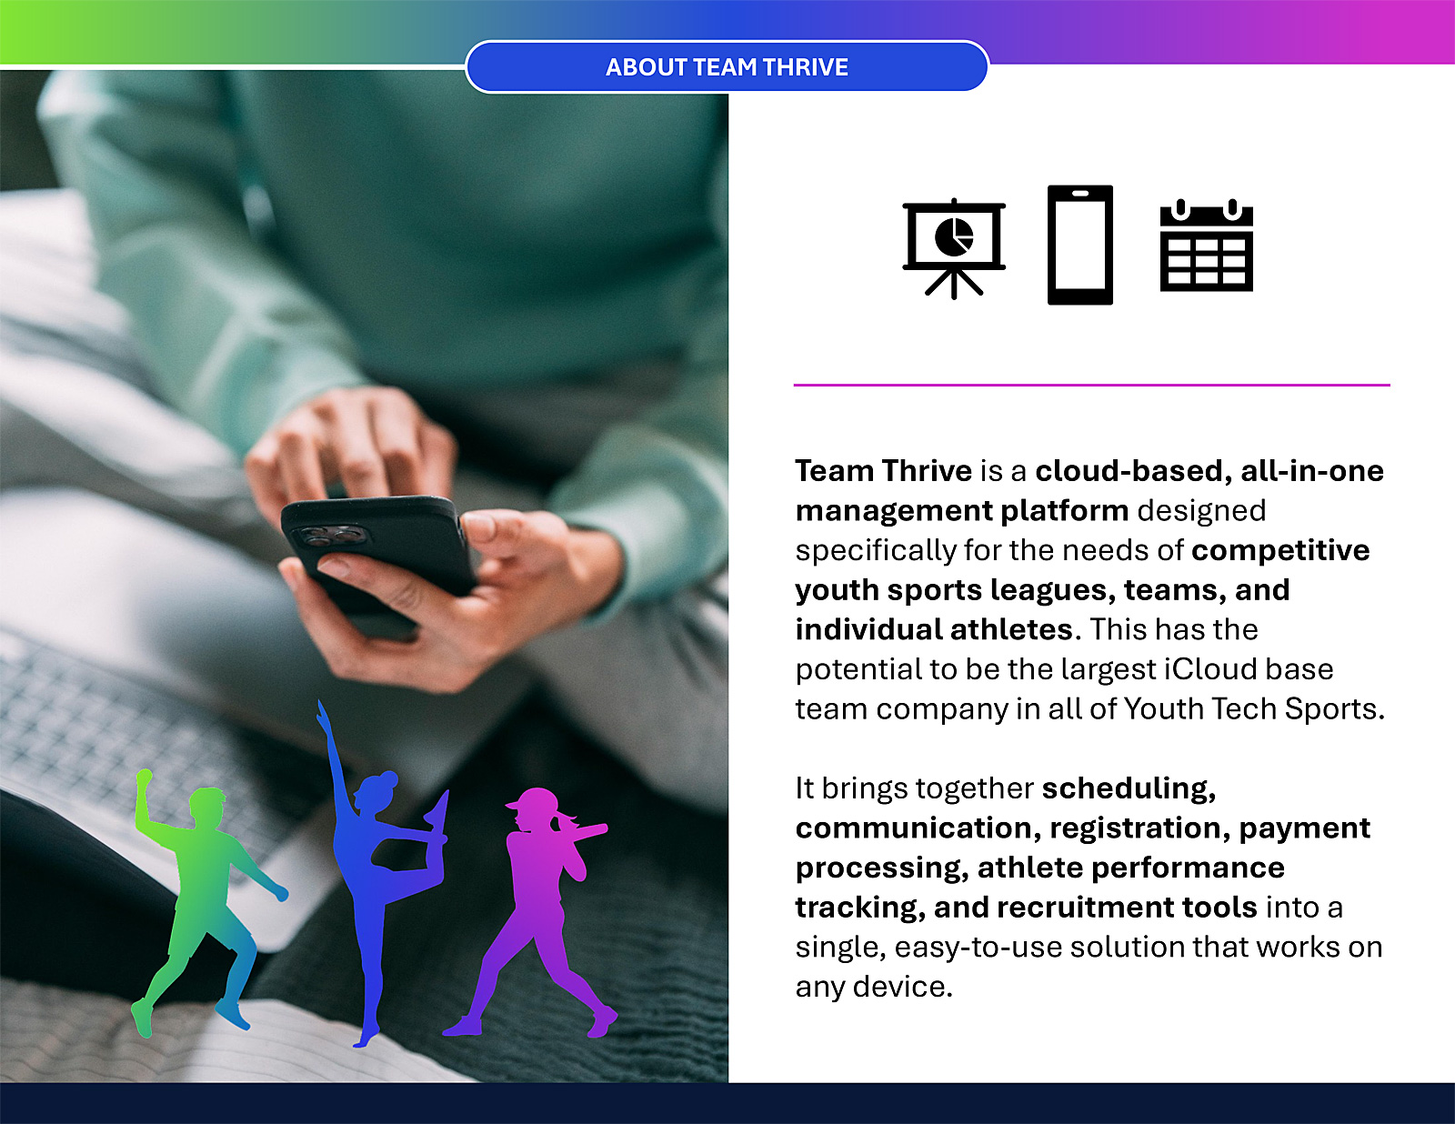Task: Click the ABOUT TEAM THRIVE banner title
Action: tap(727, 67)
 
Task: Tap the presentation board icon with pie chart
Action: tap(954, 248)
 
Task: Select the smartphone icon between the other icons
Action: tap(1080, 245)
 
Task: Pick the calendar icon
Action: tap(1206, 245)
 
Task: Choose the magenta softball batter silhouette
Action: tap(536, 910)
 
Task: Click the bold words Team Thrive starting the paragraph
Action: tap(883, 471)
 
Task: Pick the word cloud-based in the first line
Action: tap(1134, 471)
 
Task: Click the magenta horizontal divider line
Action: tap(1091, 385)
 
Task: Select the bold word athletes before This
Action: tap(1012, 630)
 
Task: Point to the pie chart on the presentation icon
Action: tap(954, 236)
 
